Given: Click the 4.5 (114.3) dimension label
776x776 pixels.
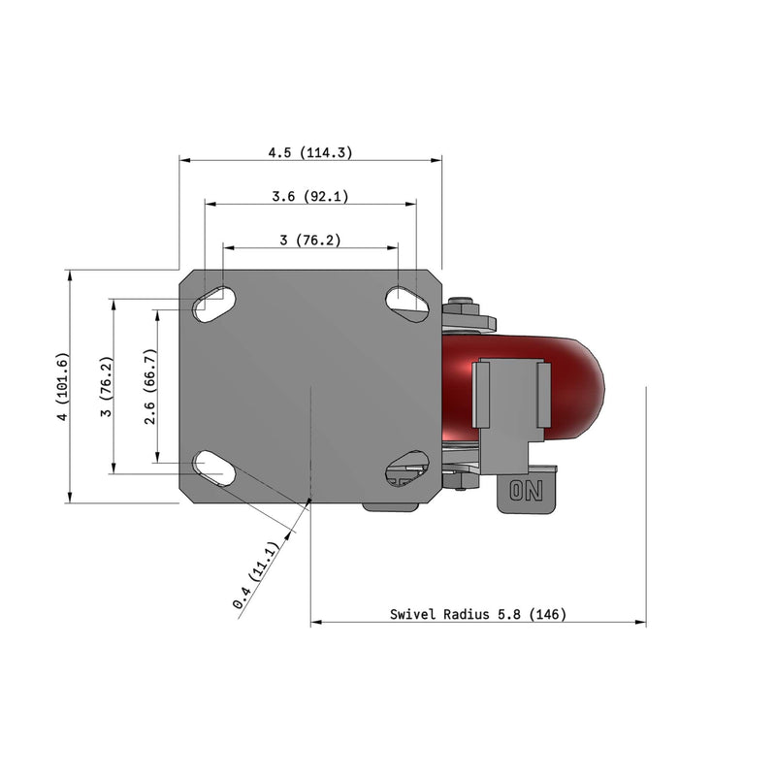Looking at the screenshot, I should coord(309,152).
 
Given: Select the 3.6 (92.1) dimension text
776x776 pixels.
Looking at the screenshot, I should coord(309,196).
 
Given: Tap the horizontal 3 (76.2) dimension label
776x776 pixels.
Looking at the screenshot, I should coord(309,240).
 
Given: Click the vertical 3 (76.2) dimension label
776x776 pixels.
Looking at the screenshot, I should coord(108,387).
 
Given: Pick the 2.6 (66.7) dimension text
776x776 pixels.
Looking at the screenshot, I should coord(150,386).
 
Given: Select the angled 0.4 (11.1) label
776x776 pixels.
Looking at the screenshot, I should coord(257,576).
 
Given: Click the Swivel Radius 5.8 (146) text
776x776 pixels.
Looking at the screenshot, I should coord(477,614).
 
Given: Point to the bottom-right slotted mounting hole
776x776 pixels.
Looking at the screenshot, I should coord(407,469).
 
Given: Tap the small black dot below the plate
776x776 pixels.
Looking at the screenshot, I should coord(309,501).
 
